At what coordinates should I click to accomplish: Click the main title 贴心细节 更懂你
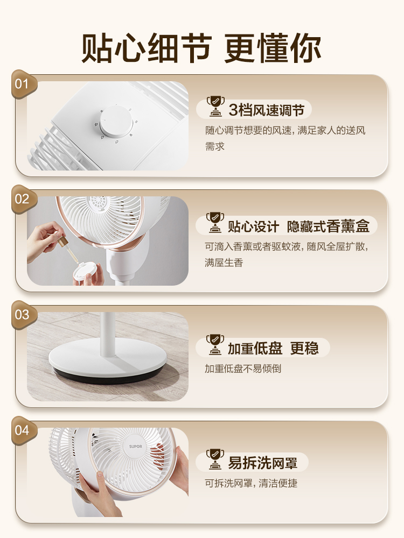pyautogui.click(x=201, y=48)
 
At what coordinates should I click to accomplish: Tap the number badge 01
pyautogui.click(x=22, y=84)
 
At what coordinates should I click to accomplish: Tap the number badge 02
pyautogui.click(x=22, y=200)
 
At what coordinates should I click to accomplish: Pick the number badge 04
pyautogui.click(x=22, y=430)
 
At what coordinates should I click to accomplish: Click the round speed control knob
pyautogui.click(x=116, y=121)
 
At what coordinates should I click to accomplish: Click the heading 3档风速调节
pyautogui.click(x=266, y=111)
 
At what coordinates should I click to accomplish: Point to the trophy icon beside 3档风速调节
pyautogui.click(x=215, y=107)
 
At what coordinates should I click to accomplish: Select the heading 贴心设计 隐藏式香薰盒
pyautogui.click(x=298, y=226)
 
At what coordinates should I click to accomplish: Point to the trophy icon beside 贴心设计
pyautogui.click(x=215, y=223)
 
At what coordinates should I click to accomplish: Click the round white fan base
pyautogui.click(x=108, y=358)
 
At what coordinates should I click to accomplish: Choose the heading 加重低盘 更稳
pyautogui.click(x=273, y=349)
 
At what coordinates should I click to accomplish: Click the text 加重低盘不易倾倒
pyautogui.click(x=243, y=369)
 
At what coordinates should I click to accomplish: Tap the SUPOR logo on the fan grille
pyautogui.click(x=135, y=446)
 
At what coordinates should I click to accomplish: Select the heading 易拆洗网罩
pyautogui.click(x=262, y=463)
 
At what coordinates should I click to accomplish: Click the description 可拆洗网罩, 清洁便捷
pyautogui.click(x=251, y=483)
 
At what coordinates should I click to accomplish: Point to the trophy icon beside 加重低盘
pyautogui.click(x=215, y=345)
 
